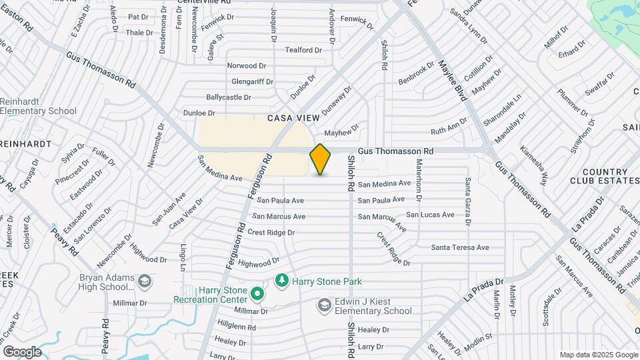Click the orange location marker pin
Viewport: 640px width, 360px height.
click(321, 159)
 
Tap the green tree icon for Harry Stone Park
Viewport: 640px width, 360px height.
click(282, 279)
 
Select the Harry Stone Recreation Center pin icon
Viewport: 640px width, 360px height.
click(257, 293)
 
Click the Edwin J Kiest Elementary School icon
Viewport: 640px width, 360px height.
click(324, 305)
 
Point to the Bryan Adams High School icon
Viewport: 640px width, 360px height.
click(144, 282)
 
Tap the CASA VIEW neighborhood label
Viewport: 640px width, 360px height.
click(294, 118)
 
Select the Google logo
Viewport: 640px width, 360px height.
click(22, 351)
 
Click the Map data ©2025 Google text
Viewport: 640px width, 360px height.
click(598, 355)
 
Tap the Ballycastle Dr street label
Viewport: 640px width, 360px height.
click(229, 97)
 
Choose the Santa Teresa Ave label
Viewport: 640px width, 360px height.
click(460, 247)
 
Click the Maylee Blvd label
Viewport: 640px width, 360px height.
click(451, 81)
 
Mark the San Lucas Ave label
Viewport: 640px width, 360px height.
click(431, 215)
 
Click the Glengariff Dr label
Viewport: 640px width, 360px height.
click(253, 81)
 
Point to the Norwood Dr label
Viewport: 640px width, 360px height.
click(247, 66)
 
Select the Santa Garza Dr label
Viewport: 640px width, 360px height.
click(468, 201)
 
